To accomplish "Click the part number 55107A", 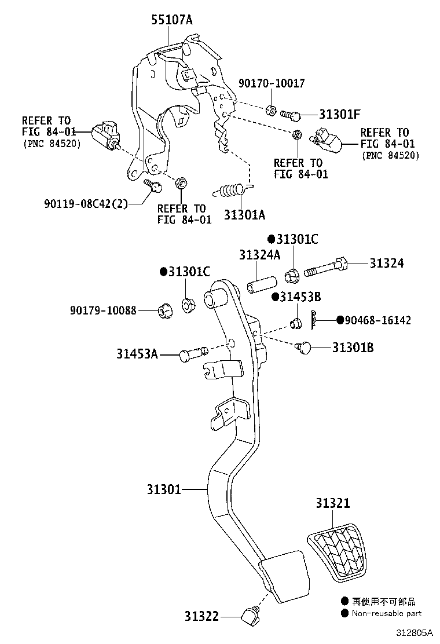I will coord(172,21).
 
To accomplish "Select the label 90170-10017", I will coord(271,83).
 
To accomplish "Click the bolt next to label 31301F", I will coord(291,115).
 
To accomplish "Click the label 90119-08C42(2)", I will coord(85,203).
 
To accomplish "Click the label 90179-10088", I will coord(100,310).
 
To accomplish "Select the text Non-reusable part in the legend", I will coord(386,613).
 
